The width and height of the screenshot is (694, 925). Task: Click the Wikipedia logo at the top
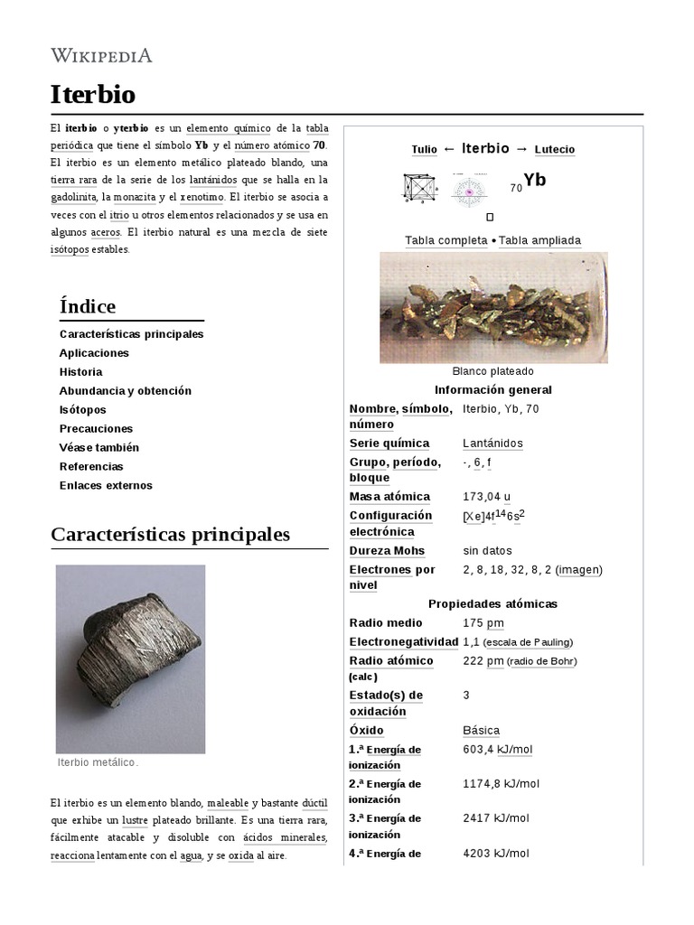(x=101, y=56)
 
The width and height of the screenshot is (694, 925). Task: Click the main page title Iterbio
(x=93, y=94)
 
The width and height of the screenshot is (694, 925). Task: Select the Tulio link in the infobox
(x=424, y=150)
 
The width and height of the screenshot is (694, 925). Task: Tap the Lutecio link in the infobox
(x=554, y=150)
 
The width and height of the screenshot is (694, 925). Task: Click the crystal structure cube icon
(x=418, y=188)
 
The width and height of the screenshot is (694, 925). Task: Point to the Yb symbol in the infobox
(x=534, y=181)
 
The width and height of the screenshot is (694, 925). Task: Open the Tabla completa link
(x=445, y=240)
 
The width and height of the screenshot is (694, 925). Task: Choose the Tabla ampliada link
(x=539, y=240)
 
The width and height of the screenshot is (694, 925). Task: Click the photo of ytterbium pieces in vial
(x=492, y=307)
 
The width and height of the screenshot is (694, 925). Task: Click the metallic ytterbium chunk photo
(x=131, y=659)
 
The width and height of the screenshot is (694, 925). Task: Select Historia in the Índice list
(x=80, y=372)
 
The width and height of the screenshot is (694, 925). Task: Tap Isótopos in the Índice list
(x=83, y=410)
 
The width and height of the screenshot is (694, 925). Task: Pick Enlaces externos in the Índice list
(x=106, y=486)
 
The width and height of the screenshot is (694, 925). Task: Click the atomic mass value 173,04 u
(x=486, y=497)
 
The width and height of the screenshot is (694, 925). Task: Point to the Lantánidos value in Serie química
(x=492, y=444)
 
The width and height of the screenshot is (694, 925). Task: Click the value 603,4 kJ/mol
(x=498, y=750)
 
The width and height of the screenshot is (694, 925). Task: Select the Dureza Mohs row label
(x=387, y=551)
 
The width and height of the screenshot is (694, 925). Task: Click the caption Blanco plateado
(x=492, y=371)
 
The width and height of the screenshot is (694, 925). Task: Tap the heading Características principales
(x=171, y=535)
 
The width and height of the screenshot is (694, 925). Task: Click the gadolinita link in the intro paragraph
(x=74, y=197)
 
